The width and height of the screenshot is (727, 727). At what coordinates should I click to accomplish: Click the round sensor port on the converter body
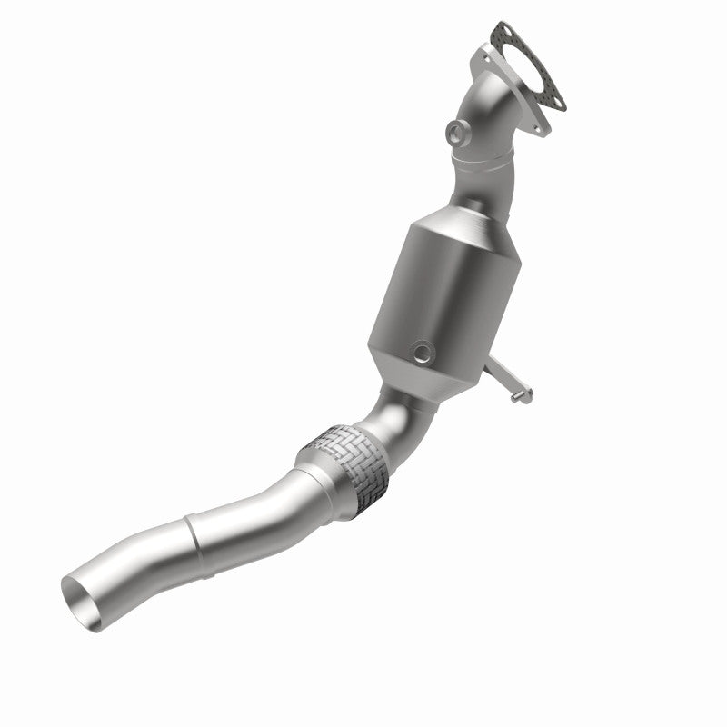[423, 351]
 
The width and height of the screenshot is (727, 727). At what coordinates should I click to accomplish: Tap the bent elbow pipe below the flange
[491, 127]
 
